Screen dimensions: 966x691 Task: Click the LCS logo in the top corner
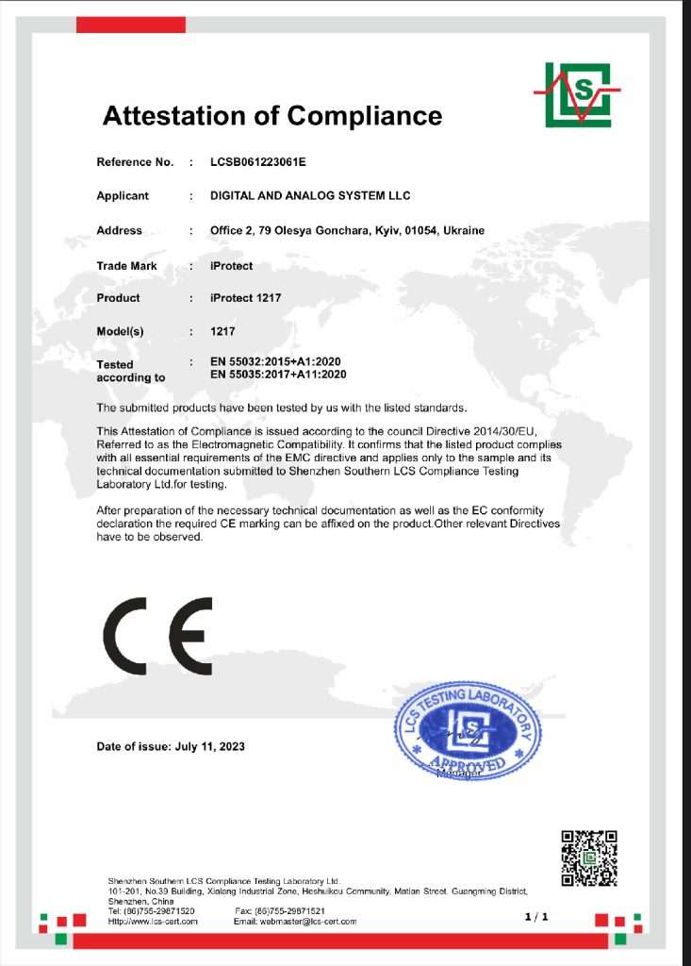[x=577, y=93]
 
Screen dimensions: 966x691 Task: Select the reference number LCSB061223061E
[x=259, y=162]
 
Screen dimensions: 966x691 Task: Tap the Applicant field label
[x=123, y=196]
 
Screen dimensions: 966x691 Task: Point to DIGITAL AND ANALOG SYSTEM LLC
[x=311, y=196]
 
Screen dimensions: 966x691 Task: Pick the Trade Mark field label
[x=126, y=266]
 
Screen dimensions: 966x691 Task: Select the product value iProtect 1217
[x=246, y=298]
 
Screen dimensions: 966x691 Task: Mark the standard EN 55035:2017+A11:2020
[x=280, y=375]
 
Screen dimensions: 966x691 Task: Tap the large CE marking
[x=157, y=634]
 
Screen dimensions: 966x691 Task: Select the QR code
[x=589, y=858]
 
